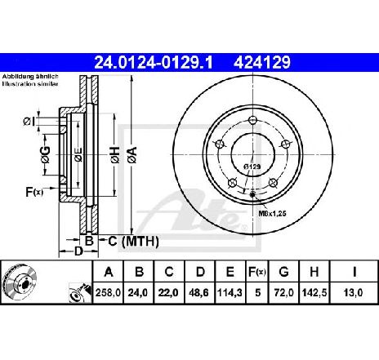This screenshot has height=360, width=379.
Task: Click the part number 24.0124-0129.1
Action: click(x=153, y=63)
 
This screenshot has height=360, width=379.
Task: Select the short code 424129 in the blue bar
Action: click(x=262, y=63)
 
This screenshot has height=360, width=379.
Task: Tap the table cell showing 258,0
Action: click(x=108, y=293)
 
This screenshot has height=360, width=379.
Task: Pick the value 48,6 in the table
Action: click(x=199, y=293)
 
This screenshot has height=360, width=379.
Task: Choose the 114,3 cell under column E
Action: click(x=230, y=293)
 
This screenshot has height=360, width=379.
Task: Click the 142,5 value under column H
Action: click(x=314, y=293)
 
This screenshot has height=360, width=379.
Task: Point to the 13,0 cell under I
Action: click(x=353, y=293)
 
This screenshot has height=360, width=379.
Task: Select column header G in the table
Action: click(x=283, y=272)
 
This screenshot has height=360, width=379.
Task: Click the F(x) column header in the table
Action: click(x=257, y=272)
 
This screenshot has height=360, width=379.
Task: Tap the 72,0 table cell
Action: click(x=283, y=293)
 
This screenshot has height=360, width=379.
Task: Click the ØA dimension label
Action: click(x=132, y=155)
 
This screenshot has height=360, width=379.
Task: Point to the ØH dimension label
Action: click(x=115, y=155)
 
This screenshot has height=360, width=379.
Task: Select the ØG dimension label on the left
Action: click(x=46, y=155)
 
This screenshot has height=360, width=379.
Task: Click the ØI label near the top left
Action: click(x=29, y=122)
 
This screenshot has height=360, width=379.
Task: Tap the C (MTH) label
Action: click(x=133, y=242)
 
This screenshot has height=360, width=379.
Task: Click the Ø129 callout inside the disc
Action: click(x=252, y=167)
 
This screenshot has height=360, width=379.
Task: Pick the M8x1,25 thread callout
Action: click(x=272, y=214)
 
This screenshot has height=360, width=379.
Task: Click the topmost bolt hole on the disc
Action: click(x=253, y=120)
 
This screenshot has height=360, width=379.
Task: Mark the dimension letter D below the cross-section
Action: click(x=78, y=251)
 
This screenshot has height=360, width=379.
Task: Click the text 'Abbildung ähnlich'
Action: click(x=30, y=77)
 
